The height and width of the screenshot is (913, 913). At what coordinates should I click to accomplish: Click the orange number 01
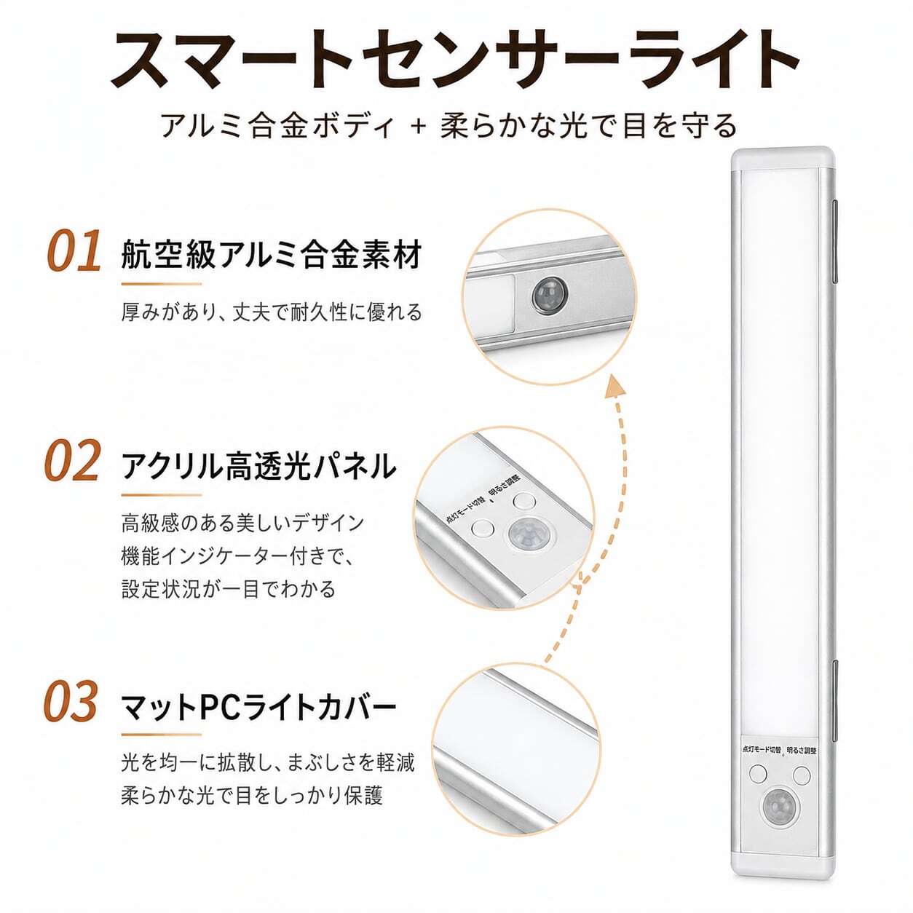(x=74, y=250)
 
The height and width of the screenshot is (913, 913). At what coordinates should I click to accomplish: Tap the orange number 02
(x=73, y=460)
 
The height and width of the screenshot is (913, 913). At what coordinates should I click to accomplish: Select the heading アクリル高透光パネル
(x=258, y=465)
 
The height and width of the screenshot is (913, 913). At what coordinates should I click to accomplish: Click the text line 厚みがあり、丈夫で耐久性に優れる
(x=272, y=312)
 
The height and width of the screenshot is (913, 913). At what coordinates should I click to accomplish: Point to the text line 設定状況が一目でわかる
(x=229, y=590)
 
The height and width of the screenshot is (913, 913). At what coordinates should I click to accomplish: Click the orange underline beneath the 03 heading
(x=162, y=735)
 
